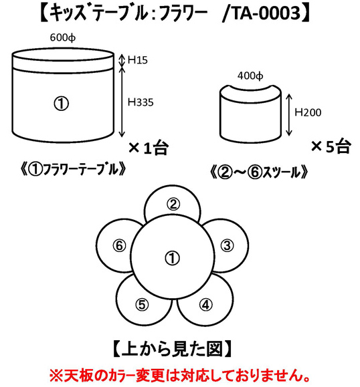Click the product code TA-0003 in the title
click(x=266, y=13)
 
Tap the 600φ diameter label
click(x=63, y=37)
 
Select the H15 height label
click(x=138, y=60)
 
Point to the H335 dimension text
click(x=141, y=102)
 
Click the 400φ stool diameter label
click(x=250, y=76)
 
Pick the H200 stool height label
click(x=308, y=112)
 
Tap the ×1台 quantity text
click(x=149, y=148)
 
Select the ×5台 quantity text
click(x=331, y=146)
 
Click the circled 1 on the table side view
click(x=62, y=104)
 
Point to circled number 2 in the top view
click(x=173, y=204)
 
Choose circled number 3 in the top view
click(x=227, y=245)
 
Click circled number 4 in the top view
click(x=205, y=305)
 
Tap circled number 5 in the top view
click(x=142, y=305)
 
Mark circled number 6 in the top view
click(x=119, y=245)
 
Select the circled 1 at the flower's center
click(x=172, y=258)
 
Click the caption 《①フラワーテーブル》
click(x=74, y=170)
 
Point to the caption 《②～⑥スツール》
click(x=258, y=172)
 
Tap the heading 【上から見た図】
click(x=172, y=349)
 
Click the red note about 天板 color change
click(x=180, y=376)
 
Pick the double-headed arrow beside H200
click(x=289, y=115)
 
